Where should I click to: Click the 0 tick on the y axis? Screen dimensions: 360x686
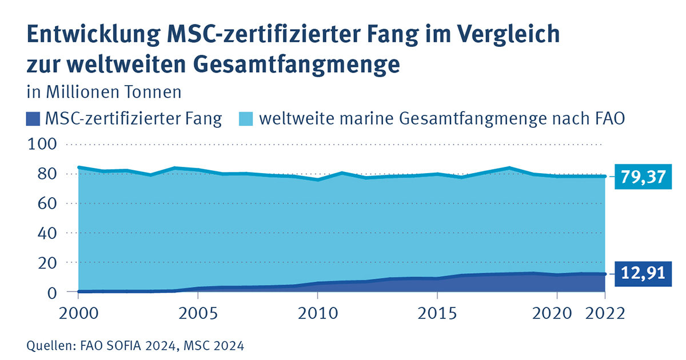click(x=52, y=292)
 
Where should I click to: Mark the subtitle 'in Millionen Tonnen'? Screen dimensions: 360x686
click(x=104, y=92)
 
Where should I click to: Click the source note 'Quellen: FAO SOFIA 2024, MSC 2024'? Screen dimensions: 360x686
click(x=135, y=345)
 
